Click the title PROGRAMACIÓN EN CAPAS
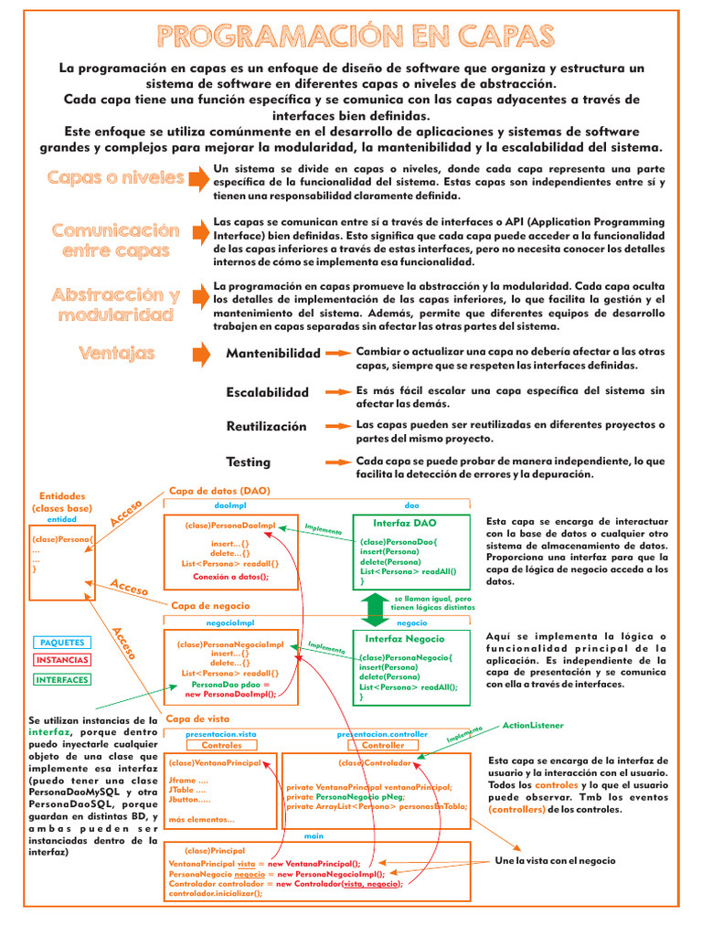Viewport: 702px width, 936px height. point(356,36)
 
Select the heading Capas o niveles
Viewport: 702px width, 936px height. point(115,177)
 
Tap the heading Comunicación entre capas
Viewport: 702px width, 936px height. point(115,239)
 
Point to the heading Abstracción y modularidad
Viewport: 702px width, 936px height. point(115,304)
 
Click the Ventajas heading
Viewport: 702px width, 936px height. point(116,353)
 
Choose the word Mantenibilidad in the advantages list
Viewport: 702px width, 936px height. point(273,353)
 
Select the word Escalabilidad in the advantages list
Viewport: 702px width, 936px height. point(268,392)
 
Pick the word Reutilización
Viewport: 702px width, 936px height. point(267,427)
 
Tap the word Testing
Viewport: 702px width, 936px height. point(249,462)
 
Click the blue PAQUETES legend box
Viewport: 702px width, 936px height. point(62,643)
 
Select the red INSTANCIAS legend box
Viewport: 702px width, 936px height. point(62,660)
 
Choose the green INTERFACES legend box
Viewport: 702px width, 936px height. point(62,680)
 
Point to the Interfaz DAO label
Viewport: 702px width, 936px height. point(405,523)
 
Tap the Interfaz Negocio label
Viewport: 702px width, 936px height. point(405,639)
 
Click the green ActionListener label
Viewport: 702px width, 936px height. point(533,725)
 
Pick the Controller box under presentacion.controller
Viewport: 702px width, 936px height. point(382,746)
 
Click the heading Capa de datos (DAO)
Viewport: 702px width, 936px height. point(219,491)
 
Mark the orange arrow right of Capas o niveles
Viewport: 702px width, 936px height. point(198,176)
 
